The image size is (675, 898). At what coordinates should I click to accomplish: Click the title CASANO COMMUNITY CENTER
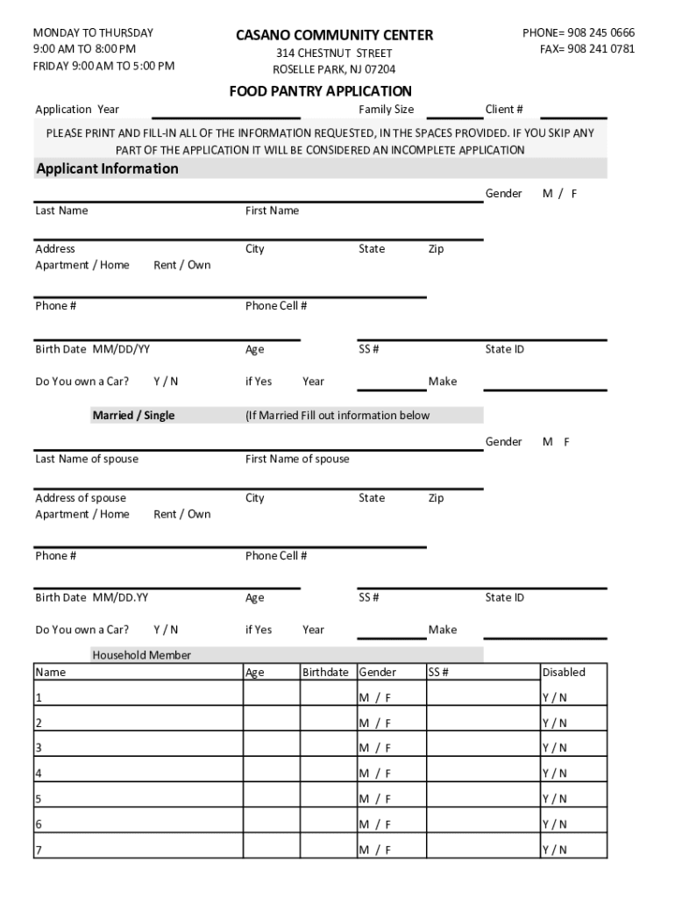click(334, 35)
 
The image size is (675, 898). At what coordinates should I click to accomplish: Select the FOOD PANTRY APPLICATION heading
click(320, 91)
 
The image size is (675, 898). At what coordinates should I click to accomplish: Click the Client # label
click(504, 110)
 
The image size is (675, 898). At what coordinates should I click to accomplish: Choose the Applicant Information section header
click(107, 168)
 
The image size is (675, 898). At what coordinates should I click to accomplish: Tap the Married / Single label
click(133, 415)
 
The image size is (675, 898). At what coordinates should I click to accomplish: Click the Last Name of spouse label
click(87, 459)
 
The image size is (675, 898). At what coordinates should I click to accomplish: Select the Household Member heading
click(141, 655)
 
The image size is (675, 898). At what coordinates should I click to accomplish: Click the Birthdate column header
click(325, 673)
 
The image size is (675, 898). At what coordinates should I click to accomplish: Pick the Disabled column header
click(564, 673)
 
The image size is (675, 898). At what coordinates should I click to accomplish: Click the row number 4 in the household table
click(39, 773)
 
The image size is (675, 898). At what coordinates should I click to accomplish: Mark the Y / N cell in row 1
click(554, 698)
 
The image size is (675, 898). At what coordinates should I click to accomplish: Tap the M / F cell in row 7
click(374, 850)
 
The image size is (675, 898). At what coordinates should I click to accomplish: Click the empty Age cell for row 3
click(271, 748)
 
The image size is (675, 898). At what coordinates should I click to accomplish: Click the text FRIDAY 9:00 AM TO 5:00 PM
click(103, 66)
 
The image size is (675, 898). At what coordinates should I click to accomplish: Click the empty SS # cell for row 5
click(482, 799)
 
